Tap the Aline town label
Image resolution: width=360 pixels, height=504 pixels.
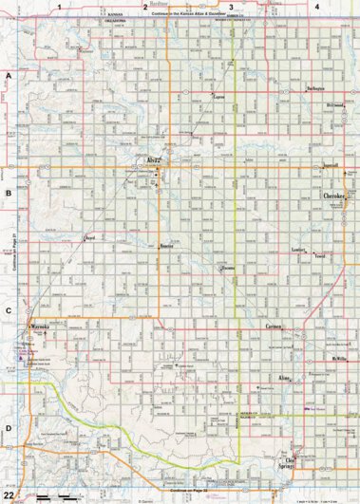tap(283, 377)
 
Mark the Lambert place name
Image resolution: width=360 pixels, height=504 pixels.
tap(297, 249)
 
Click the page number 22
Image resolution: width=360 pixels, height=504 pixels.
tap(9, 495)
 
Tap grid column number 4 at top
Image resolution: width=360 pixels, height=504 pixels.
tap(317, 7)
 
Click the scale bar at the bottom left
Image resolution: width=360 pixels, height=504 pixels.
tap(53, 497)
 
